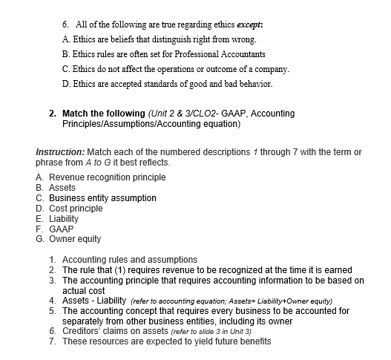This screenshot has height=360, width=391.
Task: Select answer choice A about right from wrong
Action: [161, 39]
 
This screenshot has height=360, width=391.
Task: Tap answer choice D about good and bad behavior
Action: [168, 84]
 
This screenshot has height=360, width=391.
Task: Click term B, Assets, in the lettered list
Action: [62, 188]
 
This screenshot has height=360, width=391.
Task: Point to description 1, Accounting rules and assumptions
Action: [130, 260]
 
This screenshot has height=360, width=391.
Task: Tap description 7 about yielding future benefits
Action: [166, 341]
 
